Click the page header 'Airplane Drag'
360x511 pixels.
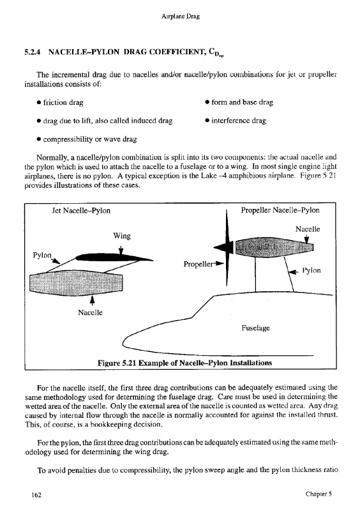coord(181,16)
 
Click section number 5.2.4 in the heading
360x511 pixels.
coord(33,52)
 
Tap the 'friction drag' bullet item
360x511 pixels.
coord(60,102)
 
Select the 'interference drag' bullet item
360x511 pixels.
coord(236,121)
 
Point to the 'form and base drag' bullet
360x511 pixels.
coord(239,102)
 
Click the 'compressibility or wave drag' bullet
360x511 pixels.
coord(87,139)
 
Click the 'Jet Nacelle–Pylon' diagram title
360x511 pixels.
coord(81,211)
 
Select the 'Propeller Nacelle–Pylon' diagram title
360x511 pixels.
coord(280,210)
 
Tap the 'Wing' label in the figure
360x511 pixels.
coord(122,236)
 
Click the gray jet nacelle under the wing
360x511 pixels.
coord(76,282)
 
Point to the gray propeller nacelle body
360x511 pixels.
coord(274,248)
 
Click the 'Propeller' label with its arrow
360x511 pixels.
coord(203,264)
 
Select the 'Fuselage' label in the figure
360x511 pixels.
coord(256,328)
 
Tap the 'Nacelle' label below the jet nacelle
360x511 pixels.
coord(90,312)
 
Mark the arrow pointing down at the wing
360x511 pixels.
coord(121,249)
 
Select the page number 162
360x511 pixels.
coord(36,494)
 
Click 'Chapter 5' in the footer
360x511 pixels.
coord(319,494)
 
